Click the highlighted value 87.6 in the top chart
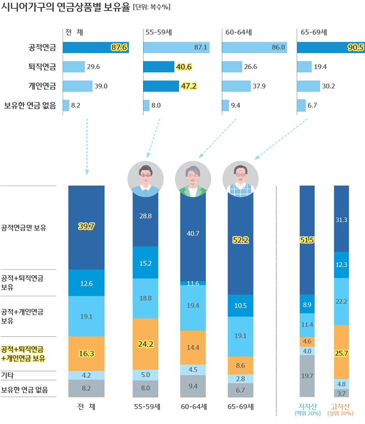(119, 48)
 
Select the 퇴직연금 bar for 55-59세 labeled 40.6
(159, 67)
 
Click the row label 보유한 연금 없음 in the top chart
(30, 105)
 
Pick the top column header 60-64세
(239, 32)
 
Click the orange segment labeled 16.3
(86, 354)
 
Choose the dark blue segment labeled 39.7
(86, 227)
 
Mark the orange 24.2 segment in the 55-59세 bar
(145, 344)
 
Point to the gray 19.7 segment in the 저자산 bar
(307, 376)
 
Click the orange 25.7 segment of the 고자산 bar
(342, 353)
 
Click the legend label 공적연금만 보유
(24, 227)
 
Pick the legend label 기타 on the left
(7, 376)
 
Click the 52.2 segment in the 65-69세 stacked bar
(240, 241)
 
